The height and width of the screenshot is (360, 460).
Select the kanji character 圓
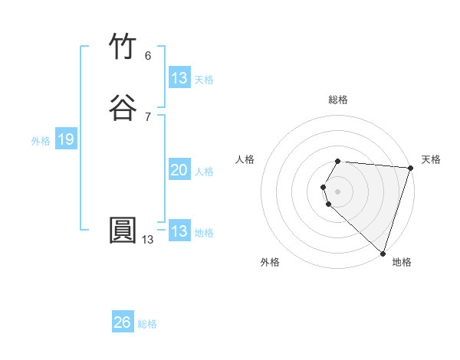pos(123,231)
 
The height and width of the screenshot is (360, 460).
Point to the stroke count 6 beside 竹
pos(147,56)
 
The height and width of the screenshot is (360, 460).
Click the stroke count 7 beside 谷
pos(147,116)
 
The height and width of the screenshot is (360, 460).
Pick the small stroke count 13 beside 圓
pos(147,240)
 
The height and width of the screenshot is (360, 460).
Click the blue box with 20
pos(179,171)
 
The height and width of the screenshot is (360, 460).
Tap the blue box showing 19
pos(65,139)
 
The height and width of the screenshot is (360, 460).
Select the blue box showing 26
pos(123,322)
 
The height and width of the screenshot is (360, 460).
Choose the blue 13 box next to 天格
pos(179,78)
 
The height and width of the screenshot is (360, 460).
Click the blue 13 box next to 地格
pos(179,231)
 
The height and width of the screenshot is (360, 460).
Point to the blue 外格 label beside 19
pos(41,140)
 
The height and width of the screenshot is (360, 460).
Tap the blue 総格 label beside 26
pos(147,324)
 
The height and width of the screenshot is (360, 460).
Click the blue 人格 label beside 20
pos(204,172)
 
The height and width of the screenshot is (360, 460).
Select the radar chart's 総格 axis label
pos(338,100)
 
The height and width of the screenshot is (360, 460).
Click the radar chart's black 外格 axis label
pos(270,262)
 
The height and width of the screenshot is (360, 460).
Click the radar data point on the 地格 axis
pos(383,253)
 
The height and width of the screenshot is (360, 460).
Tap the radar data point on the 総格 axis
pos(338,161)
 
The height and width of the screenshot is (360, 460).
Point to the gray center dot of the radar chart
pos(338,191)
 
